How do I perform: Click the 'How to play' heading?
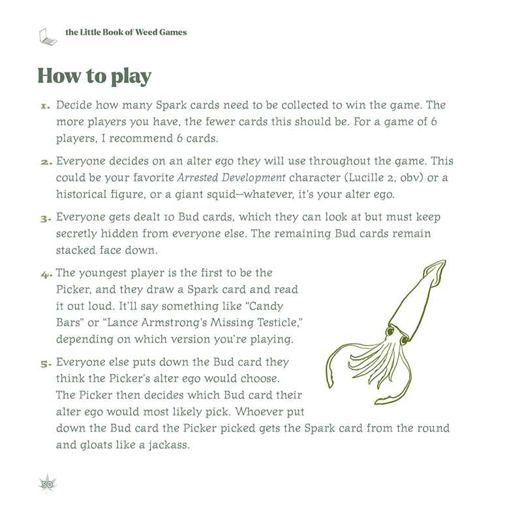[95, 76]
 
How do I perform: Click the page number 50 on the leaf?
[46, 484]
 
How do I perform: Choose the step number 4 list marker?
[45, 273]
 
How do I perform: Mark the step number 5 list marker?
[45, 362]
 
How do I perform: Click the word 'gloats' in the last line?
[98, 445]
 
